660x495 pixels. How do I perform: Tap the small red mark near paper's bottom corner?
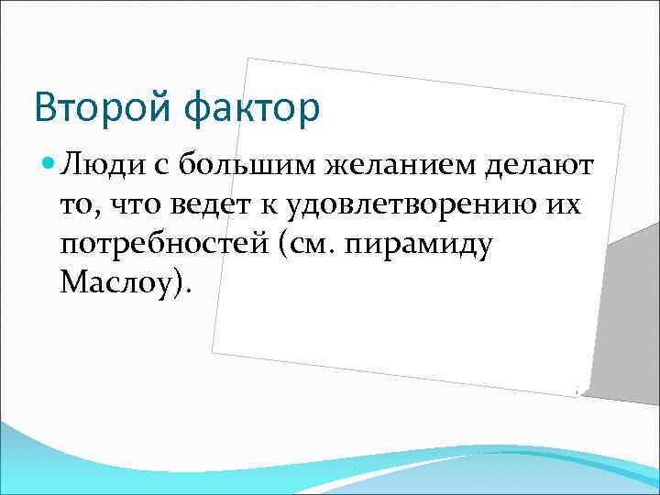[x=577, y=391]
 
